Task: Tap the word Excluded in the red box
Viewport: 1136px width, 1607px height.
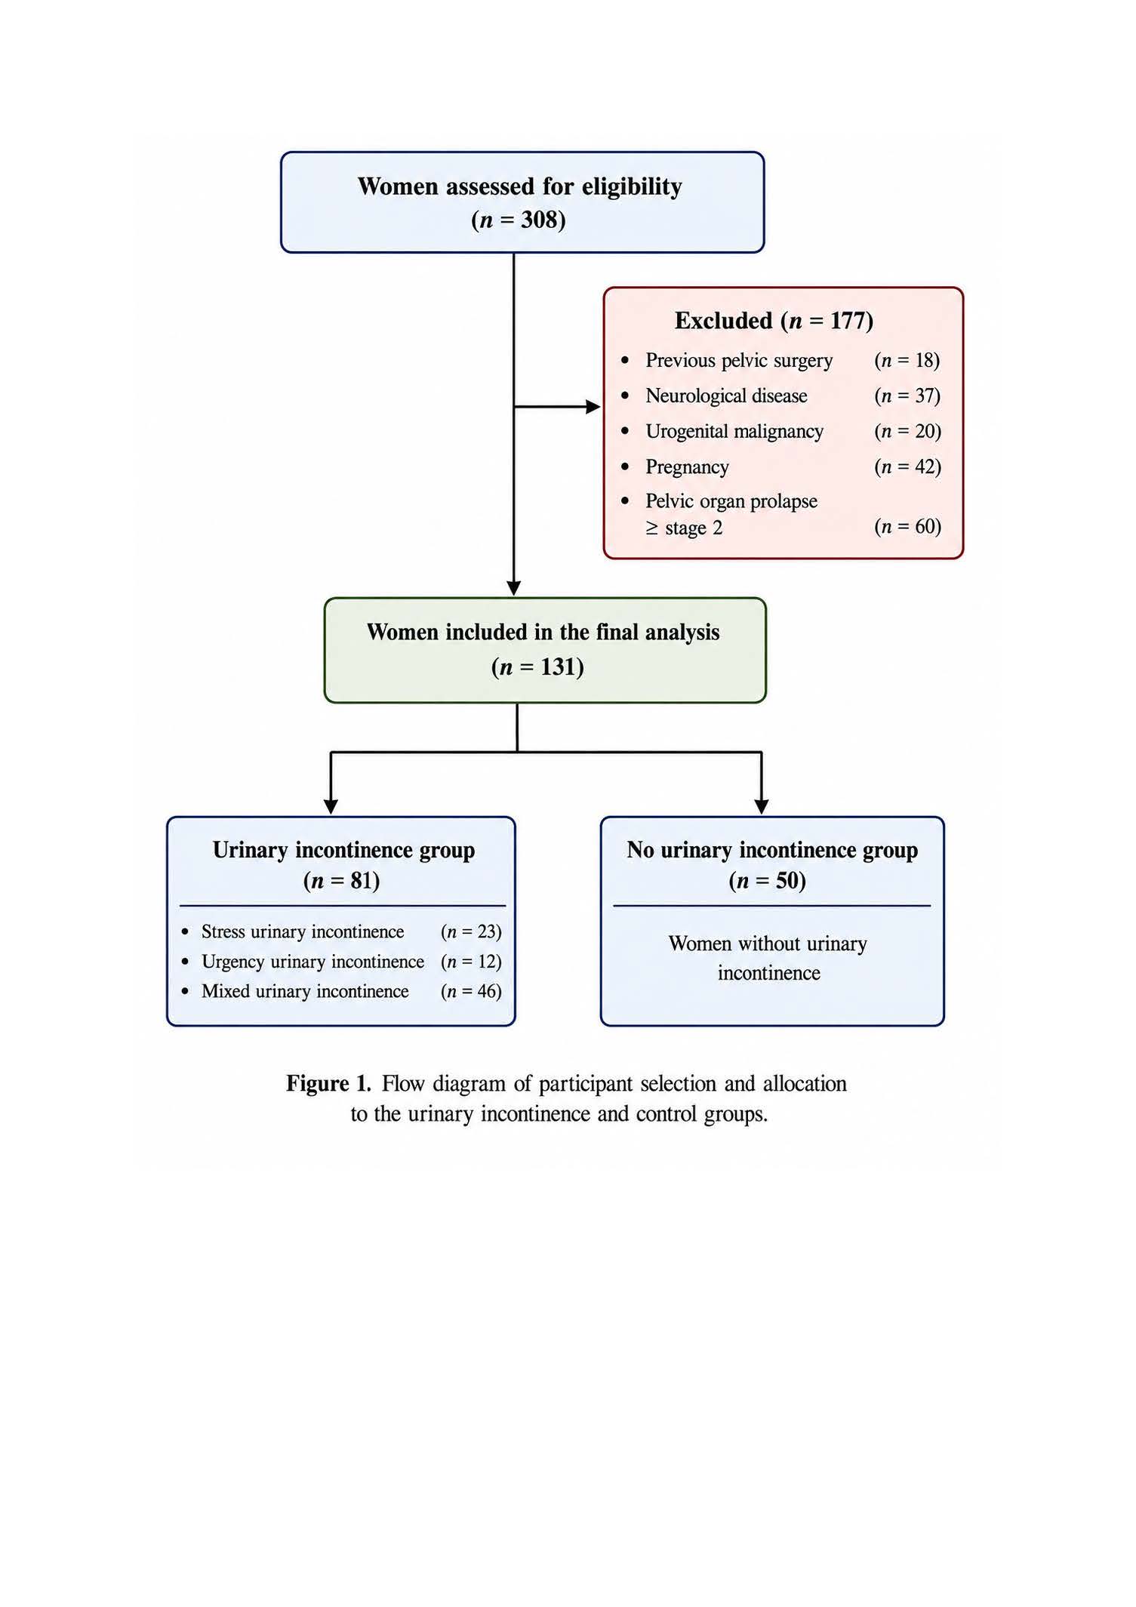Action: (723, 321)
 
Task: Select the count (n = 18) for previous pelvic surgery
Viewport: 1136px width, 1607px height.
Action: (907, 360)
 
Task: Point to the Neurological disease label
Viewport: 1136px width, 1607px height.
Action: (726, 396)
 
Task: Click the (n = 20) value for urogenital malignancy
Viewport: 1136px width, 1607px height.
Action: (908, 431)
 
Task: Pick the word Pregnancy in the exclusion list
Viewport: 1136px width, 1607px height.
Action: (687, 467)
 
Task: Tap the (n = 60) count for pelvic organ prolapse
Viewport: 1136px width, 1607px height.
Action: (908, 526)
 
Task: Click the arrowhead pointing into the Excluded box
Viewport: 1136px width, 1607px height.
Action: (594, 407)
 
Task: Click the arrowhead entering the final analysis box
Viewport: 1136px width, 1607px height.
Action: (514, 589)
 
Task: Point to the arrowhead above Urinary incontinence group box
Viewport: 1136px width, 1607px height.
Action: (331, 807)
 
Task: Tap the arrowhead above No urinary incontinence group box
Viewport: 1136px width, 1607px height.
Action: (762, 807)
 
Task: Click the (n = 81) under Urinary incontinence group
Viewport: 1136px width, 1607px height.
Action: (341, 881)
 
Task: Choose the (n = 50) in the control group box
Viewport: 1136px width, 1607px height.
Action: (768, 881)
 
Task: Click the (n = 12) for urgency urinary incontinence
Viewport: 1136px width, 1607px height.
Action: (471, 962)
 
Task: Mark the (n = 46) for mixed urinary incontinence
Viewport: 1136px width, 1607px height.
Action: (471, 991)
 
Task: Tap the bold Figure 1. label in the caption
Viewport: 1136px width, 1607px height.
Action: (328, 1084)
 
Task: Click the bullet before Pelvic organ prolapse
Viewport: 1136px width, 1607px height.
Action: (624, 501)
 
